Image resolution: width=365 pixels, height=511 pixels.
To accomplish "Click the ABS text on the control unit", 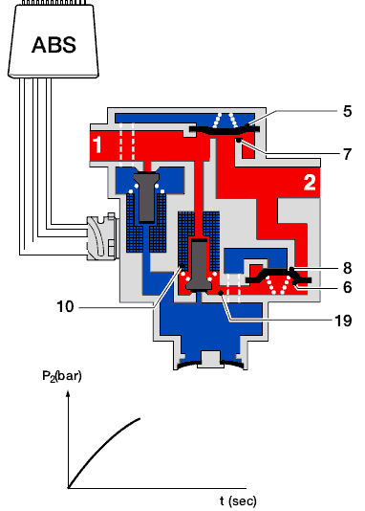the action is coord(54,45).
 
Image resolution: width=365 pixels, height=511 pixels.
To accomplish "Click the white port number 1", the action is coord(97,144).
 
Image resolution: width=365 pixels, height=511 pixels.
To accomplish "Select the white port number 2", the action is coord(310,183).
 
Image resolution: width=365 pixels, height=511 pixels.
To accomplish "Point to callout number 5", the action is coord(347,111).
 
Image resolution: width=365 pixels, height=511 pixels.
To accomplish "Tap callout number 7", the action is coord(348,154).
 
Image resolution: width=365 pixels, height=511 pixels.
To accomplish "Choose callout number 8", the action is coord(348,268).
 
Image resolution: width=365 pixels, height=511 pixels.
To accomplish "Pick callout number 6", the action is coord(348,287).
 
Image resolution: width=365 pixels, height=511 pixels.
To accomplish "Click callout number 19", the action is coord(343,321).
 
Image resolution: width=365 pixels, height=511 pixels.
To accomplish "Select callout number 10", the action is coord(65,306).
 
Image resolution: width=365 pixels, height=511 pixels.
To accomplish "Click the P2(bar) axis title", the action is coord(62,376).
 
